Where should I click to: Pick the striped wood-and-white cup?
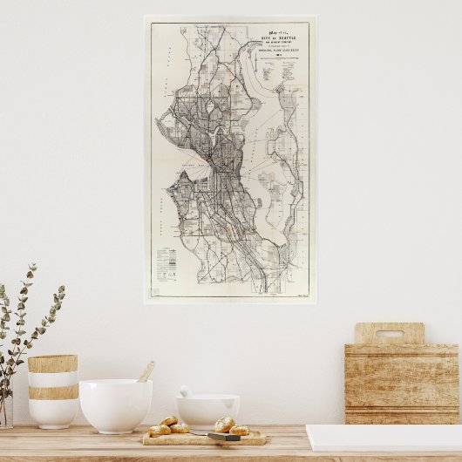(x=52, y=391)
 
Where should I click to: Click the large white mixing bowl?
(x=115, y=404)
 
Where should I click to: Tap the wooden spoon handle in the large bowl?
(x=146, y=371)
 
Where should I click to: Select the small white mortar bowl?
(x=207, y=410)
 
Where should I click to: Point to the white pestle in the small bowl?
(x=186, y=392)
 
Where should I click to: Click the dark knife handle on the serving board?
(x=223, y=436)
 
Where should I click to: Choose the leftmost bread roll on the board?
(x=160, y=430)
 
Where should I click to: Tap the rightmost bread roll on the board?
(x=240, y=430)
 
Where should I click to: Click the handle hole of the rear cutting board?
(x=390, y=333)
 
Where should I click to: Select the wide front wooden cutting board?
(x=402, y=384)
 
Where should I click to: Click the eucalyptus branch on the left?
(x=26, y=323)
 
